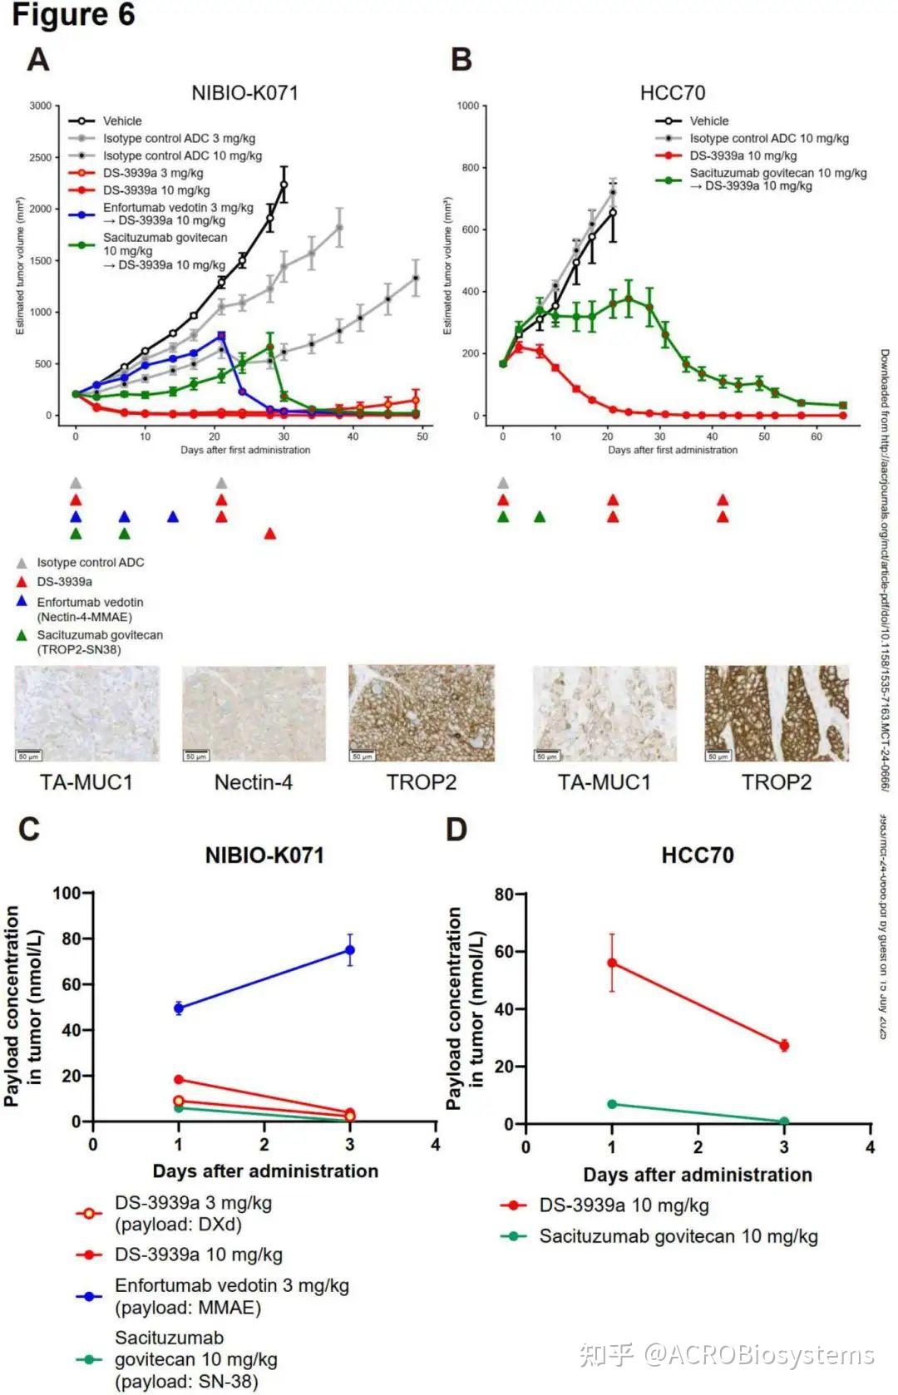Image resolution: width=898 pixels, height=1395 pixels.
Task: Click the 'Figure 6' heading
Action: pos(73,15)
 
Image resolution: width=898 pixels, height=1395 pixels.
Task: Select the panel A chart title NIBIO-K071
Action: pos(244,92)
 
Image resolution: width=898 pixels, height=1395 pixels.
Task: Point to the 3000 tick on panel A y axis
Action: pos(40,106)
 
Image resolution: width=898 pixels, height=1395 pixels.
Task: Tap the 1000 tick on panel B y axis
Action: pos(468,106)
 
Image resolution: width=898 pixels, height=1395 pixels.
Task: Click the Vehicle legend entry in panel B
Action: pos(708,121)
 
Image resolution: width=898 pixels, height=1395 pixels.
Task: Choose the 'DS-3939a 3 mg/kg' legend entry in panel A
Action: pos(153,173)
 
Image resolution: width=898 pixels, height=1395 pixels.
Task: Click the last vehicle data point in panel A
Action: pos(284,185)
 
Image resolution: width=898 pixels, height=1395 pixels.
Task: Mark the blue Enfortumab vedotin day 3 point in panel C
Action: pos(350,949)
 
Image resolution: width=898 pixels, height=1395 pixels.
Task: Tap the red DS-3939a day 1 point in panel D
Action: pos(612,963)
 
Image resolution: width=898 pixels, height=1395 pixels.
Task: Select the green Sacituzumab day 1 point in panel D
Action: pos(612,1104)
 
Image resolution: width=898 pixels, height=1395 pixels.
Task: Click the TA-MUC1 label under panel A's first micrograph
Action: pos(86,782)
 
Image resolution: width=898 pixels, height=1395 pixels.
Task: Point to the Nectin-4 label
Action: pos(254,782)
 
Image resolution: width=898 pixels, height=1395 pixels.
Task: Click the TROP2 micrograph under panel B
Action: pos(777,713)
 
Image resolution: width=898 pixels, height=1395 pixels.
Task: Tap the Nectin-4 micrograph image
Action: pos(254,713)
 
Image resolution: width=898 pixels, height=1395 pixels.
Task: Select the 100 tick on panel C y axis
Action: pos(67,894)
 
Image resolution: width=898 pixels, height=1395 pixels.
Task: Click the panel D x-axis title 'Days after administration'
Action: pos(698,1175)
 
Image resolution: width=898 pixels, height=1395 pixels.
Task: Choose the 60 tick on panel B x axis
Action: pos(816,436)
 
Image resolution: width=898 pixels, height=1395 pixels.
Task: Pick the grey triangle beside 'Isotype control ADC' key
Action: pos(22,563)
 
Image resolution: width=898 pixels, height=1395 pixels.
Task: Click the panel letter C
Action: pos(29,830)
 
